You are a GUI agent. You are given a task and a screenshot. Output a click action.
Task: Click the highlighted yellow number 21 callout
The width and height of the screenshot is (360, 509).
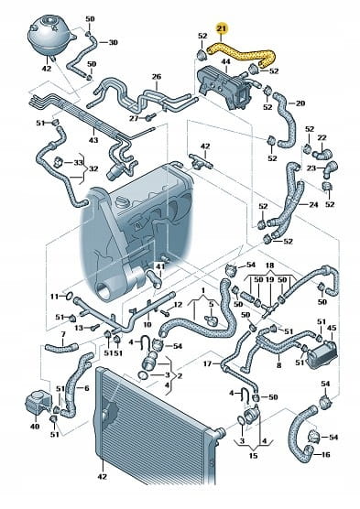click(x=222, y=29)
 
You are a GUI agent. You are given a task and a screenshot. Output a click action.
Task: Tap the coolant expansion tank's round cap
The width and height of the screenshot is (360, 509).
click(x=49, y=22)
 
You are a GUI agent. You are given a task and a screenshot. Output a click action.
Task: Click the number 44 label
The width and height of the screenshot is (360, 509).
click(x=225, y=61)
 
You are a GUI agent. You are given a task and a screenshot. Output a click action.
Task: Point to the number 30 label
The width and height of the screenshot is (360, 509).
click(x=113, y=42)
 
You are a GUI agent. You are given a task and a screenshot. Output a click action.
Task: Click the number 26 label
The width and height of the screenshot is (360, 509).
click(x=157, y=77)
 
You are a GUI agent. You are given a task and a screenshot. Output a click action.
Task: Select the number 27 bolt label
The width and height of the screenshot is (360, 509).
click(x=134, y=118)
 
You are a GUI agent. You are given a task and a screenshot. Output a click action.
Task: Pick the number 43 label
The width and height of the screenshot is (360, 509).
click(x=93, y=140)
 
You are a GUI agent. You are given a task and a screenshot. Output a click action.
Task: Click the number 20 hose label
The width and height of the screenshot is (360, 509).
click(x=300, y=103)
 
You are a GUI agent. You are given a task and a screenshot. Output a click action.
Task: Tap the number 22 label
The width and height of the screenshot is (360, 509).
click(x=322, y=137)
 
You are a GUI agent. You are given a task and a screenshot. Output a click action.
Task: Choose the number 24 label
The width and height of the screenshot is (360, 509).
click(x=313, y=205)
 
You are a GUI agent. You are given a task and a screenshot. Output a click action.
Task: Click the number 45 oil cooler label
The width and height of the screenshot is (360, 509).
click(x=332, y=328)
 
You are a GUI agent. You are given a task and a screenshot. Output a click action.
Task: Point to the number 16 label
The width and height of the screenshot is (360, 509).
click(x=325, y=454)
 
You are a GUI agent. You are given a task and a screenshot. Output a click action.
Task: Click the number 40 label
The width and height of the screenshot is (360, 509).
click(x=35, y=427)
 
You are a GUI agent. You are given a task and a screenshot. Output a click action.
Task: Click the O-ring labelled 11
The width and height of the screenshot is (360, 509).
click(x=69, y=296)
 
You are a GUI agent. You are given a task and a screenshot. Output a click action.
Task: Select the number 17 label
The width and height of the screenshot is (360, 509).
click(x=207, y=363)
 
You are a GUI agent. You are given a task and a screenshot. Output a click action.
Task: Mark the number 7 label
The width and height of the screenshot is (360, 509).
click(x=63, y=334)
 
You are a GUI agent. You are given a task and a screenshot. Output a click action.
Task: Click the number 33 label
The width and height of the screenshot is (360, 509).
click(x=78, y=162)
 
